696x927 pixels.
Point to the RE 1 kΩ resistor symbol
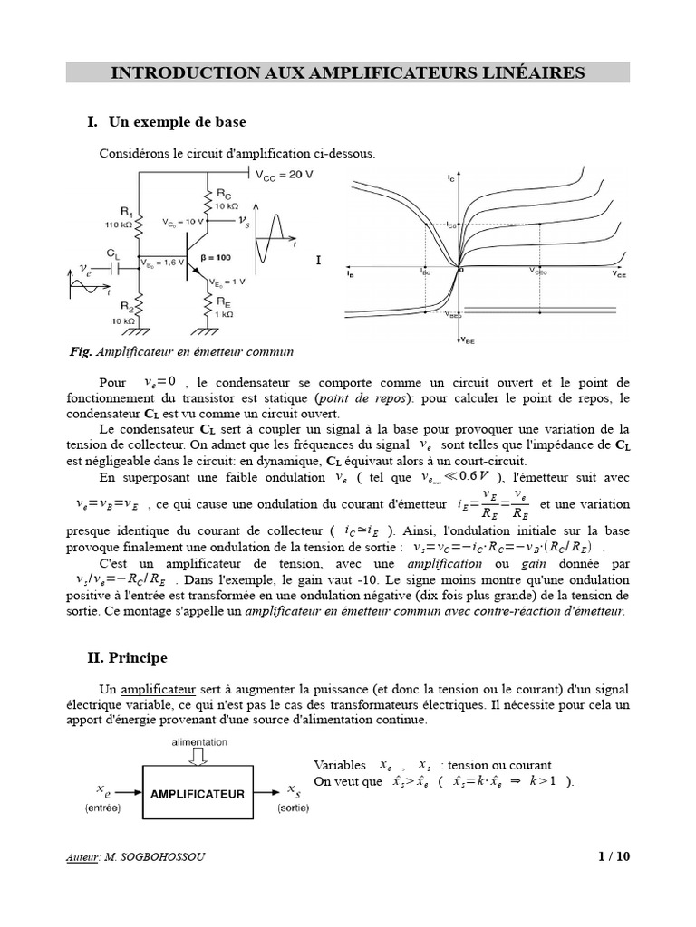point(210,303)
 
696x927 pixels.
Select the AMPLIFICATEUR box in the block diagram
point(197,793)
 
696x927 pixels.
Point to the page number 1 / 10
point(613,857)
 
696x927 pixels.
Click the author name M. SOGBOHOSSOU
point(154,857)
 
